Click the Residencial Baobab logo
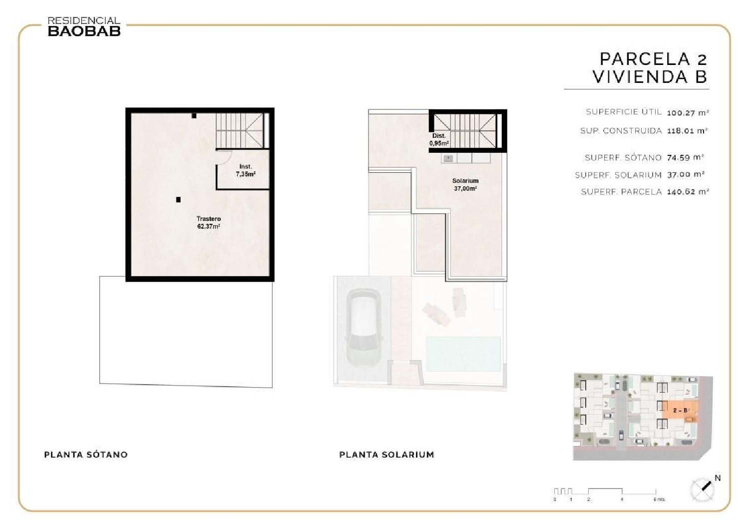coord(84,26)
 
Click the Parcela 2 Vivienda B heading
coord(650,68)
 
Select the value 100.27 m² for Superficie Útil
coord(688,113)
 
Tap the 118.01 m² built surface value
coord(688,131)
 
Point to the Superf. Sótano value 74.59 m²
coord(685,157)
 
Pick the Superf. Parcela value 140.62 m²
coord(688,191)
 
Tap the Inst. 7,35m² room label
coord(246,170)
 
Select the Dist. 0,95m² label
coord(439,139)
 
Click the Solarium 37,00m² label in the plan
coord(465,184)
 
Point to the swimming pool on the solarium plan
coord(463,353)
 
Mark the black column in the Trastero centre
coord(178,200)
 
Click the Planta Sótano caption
coord(86,455)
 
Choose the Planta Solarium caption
coord(386,455)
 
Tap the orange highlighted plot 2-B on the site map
coord(681,410)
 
